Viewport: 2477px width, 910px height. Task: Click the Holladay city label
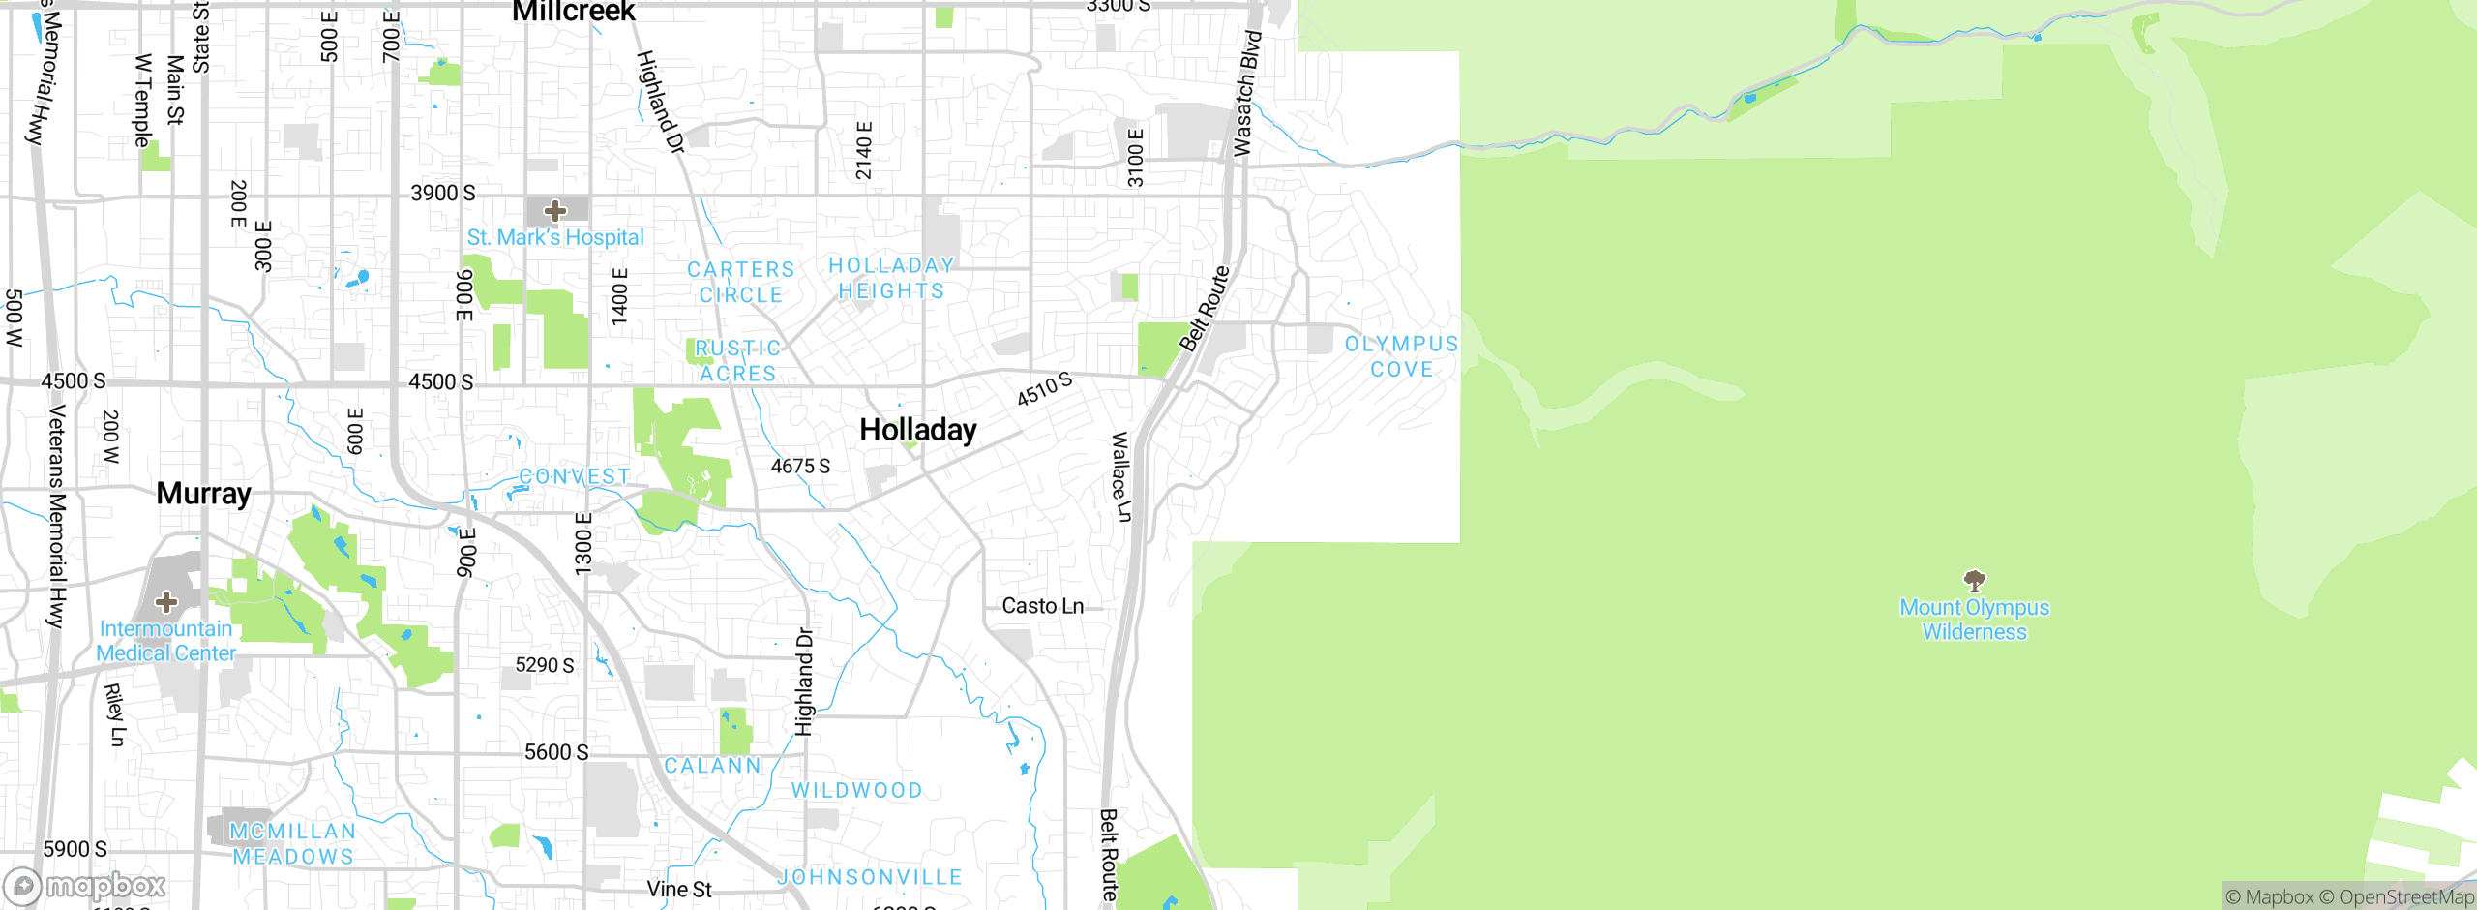tap(918, 430)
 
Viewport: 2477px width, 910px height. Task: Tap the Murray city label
tap(204, 494)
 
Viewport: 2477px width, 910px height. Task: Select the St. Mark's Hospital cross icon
tap(555, 211)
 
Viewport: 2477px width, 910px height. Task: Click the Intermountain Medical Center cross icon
tap(166, 602)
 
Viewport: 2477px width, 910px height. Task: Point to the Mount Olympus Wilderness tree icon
tap(1974, 580)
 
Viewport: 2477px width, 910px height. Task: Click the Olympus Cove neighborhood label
tap(1401, 356)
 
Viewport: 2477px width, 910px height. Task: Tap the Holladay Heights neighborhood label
tap(891, 278)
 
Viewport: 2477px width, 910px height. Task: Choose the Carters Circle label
tap(741, 282)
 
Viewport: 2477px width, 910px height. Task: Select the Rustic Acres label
tap(737, 360)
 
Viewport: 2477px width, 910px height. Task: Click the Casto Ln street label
tap(1042, 606)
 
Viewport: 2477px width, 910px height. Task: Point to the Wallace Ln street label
tap(1120, 477)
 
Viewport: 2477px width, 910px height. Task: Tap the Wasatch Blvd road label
tap(1247, 93)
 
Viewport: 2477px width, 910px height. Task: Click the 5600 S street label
tap(556, 752)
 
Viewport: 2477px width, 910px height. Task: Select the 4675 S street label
tap(800, 467)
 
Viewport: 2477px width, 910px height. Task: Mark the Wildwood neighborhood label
tap(857, 790)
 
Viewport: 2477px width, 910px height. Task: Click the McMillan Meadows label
tap(292, 844)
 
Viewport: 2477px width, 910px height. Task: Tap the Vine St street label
tap(679, 890)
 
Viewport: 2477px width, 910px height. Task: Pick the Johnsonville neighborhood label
tap(871, 877)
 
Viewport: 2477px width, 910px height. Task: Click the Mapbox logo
tap(85, 886)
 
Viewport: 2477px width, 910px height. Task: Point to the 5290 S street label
tap(545, 665)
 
